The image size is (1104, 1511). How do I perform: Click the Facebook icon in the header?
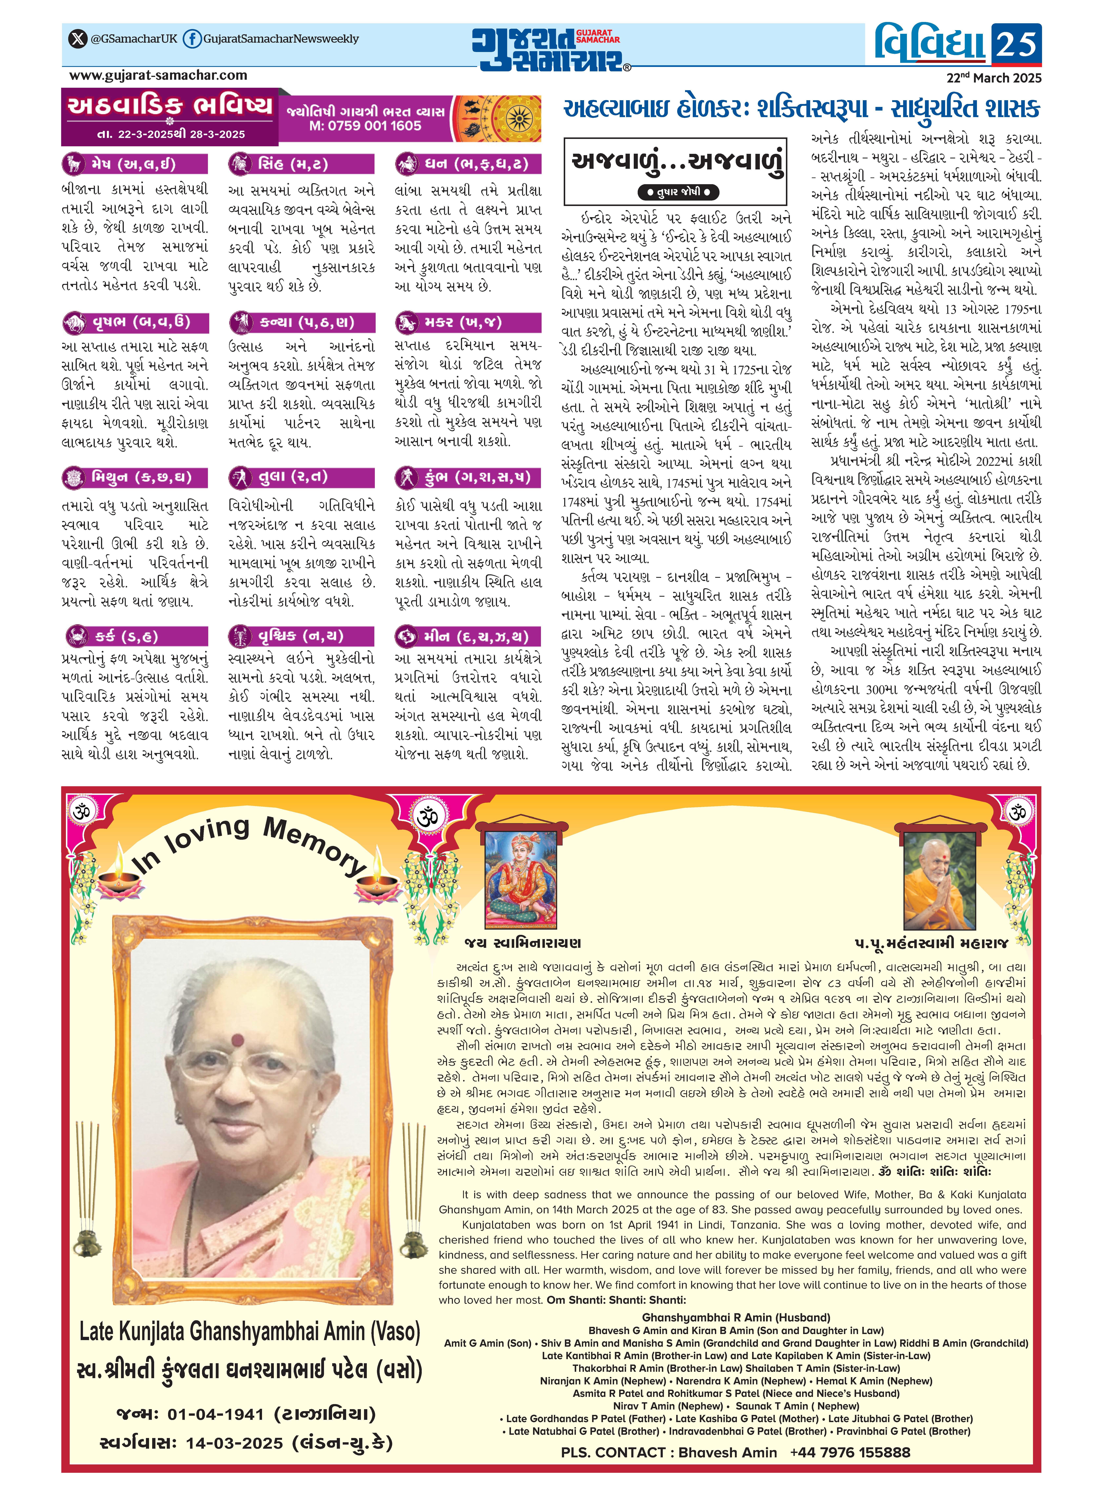[191, 39]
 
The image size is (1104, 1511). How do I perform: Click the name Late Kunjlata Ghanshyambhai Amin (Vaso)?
[249, 1331]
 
